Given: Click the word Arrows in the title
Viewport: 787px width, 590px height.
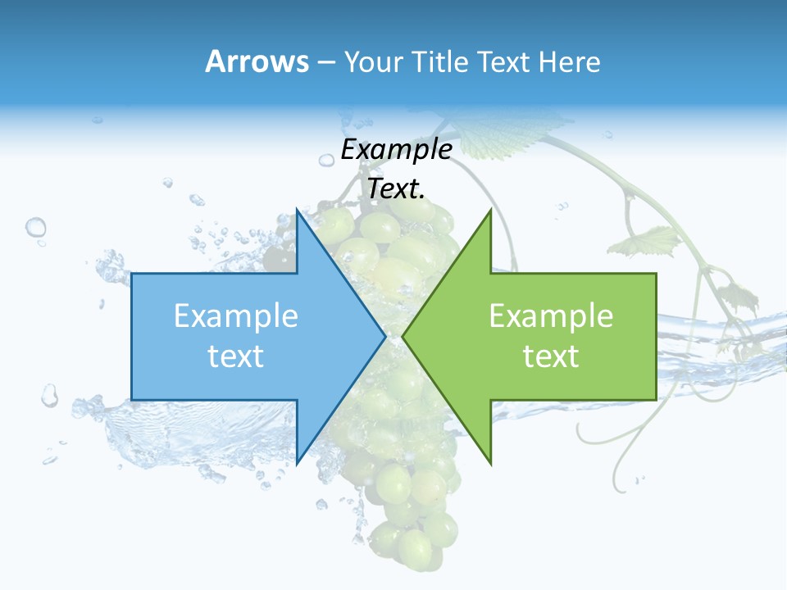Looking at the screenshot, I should coord(257,61).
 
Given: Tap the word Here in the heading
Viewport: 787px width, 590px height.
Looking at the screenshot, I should coord(570,62).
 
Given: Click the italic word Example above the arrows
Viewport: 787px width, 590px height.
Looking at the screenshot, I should coord(396,150).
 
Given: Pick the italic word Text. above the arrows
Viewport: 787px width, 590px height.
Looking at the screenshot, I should coord(397,189).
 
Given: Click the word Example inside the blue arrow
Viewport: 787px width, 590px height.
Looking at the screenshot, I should coord(236,316).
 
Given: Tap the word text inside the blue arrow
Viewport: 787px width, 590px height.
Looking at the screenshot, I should coord(236,356).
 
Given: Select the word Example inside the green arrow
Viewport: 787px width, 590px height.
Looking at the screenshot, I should coord(551,316).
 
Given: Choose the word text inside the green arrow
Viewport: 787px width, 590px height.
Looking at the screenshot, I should coord(551,356).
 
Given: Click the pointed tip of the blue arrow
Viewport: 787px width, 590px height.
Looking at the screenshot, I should coord(384,336).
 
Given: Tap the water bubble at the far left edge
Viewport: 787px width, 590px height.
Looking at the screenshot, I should coord(35,227).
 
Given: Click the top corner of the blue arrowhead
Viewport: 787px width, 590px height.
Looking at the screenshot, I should coord(298,211).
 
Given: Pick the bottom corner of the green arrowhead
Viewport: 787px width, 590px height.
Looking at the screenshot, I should coord(490,462).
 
